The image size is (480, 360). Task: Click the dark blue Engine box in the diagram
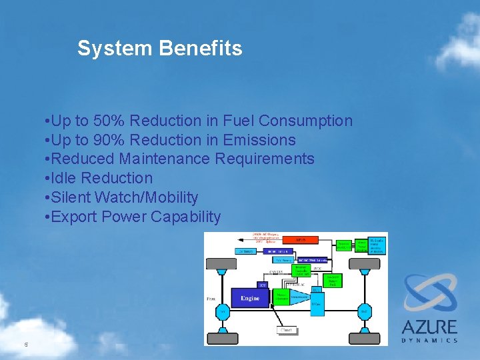(250, 298)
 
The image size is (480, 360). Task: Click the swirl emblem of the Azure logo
(429, 293)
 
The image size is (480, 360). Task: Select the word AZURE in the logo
(429, 327)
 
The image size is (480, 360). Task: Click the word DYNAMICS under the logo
(429, 340)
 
